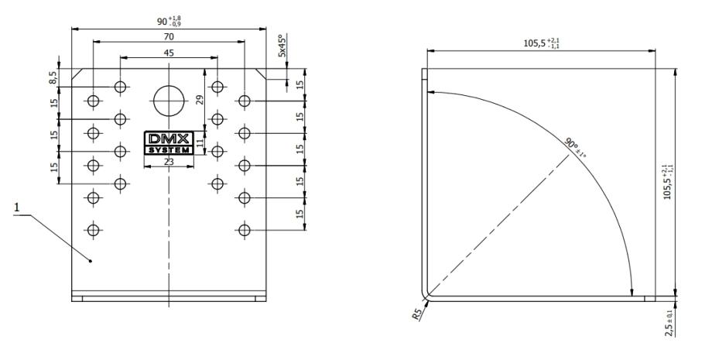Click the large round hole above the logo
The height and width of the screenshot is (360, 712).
[169, 100]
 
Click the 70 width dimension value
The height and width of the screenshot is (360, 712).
[169, 36]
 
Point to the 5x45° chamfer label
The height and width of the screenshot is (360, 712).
[282, 46]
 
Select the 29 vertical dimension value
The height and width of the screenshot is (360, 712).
[200, 99]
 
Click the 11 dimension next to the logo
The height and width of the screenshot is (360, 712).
[200, 142]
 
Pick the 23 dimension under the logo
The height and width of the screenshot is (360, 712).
[169, 163]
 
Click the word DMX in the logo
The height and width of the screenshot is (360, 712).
[169, 138]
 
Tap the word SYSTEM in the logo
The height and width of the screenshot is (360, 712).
[169, 149]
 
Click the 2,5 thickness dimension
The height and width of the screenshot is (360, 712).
[669, 320]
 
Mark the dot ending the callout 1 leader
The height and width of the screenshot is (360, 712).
[91, 261]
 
